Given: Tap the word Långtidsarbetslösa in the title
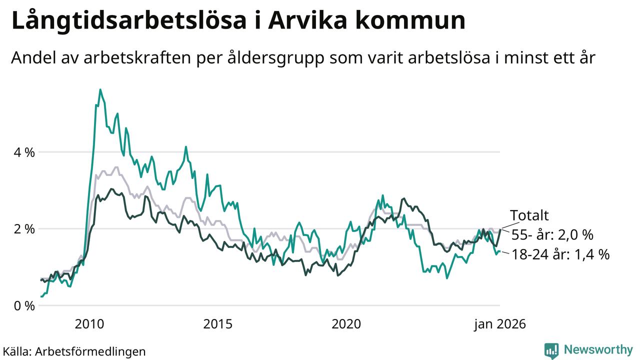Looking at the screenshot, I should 128,21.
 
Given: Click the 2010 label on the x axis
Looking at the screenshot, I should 89,324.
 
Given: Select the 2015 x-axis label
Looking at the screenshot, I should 218,324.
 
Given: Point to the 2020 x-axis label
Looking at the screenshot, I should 346,324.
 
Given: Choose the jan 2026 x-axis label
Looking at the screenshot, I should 500,324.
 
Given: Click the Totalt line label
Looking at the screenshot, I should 529,215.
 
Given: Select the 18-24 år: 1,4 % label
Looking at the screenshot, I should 560,254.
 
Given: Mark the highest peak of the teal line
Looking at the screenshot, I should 100,90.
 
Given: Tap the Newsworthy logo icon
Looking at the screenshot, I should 551,350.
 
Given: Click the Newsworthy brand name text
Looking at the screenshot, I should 598,349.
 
